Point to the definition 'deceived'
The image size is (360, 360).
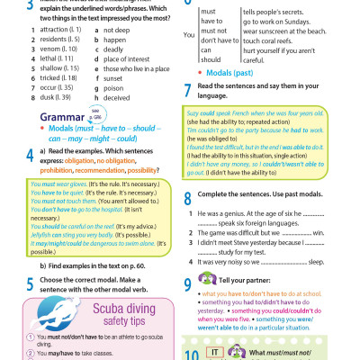[x=118, y=95]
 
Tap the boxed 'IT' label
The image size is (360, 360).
[x=216, y=351]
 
